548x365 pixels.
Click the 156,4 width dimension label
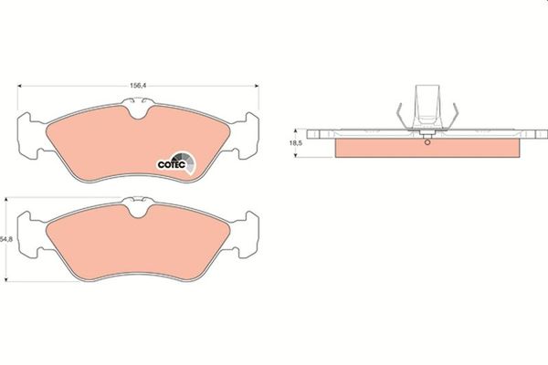coord(138,86)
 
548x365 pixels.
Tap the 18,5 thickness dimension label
coord(296,143)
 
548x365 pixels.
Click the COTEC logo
coord(176,162)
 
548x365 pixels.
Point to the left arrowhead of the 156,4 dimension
coord(19,86)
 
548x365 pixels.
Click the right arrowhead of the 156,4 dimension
coord(257,86)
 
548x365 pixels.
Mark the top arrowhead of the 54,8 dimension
coord(6,200)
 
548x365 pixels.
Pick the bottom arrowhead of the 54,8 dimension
coord(6,278)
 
